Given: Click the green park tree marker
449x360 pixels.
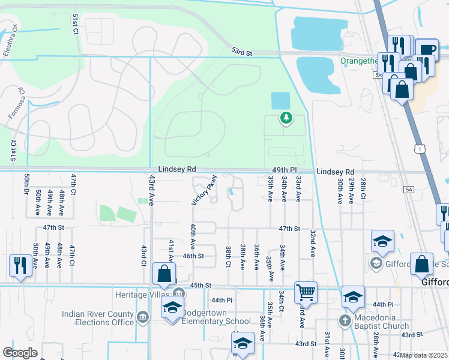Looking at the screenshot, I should (286, 118).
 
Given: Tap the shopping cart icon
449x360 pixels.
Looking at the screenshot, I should (306, 293).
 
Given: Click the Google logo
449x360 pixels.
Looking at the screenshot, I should (20, 353).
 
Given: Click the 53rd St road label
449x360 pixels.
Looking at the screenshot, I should (242, 53).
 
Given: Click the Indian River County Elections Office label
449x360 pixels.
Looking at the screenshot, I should (97, 318).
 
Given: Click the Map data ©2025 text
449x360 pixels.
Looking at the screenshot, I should (423, 355).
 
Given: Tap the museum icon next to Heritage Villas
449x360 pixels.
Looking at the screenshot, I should (179, 293).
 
